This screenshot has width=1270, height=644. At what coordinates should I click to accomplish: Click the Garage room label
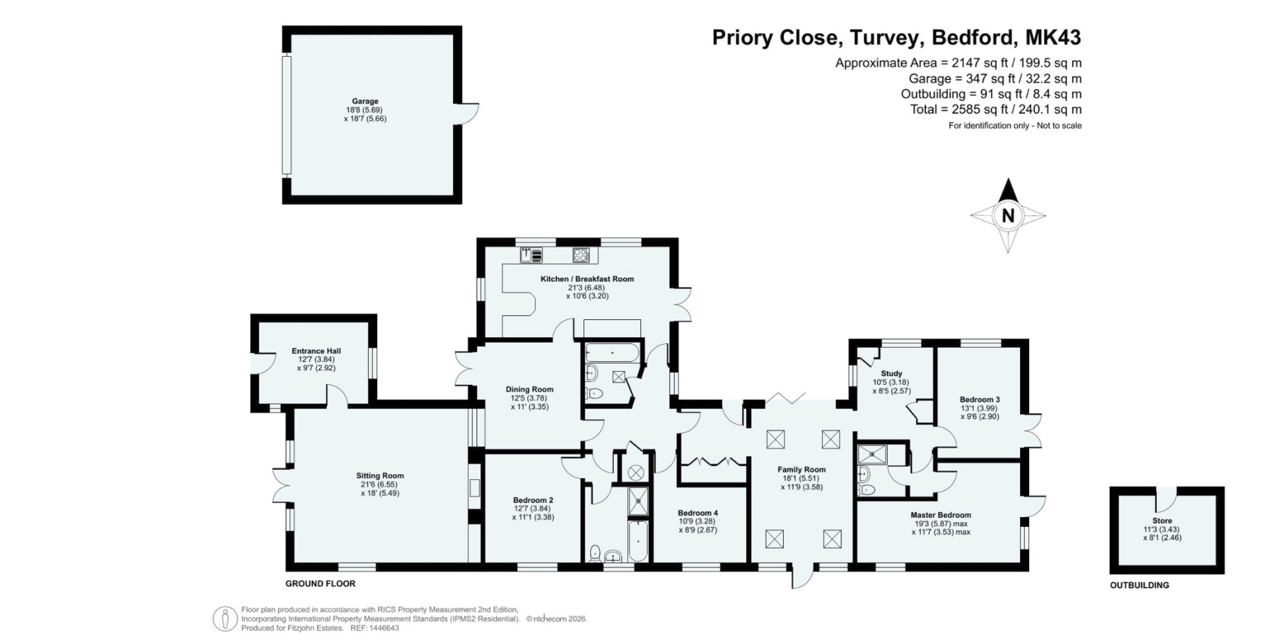tap(365, 101)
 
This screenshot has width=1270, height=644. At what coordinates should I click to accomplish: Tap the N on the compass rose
tap(1008, 216)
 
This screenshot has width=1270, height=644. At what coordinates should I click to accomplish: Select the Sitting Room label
tap(380, 475)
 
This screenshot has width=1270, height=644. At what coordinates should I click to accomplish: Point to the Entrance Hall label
tap(316, 351)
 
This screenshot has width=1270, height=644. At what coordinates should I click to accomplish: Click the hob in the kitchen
tap(581, 255)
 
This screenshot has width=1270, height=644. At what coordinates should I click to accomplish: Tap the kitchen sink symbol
tap(532, 255)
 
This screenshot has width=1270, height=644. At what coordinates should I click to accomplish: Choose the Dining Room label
tap(529, 389)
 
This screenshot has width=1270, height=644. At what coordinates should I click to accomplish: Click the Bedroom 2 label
tap(533, 500)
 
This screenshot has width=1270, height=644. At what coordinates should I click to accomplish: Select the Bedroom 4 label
tap(698, 512)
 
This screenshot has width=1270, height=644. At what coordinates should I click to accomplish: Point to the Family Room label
tap(802, 469)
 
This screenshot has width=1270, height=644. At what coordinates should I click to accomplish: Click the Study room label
tap(892, 374)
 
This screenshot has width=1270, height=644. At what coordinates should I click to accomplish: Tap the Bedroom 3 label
tap(980, 399)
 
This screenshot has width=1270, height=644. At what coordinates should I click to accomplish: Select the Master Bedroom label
tap(941, 515)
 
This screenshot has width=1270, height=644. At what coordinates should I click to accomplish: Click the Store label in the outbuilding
tap(1162, 521)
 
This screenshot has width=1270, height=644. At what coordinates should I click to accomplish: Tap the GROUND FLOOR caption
tap(320, 584)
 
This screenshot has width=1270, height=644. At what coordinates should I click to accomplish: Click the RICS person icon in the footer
tap(225, 619)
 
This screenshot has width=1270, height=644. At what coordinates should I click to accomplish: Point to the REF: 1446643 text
tap(374, 628)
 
